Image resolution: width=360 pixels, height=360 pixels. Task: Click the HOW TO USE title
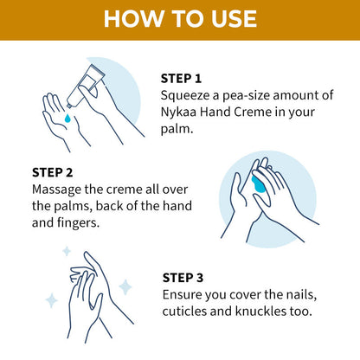[180, 19]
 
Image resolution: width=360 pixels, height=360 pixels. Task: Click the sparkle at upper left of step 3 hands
[66, 251]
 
